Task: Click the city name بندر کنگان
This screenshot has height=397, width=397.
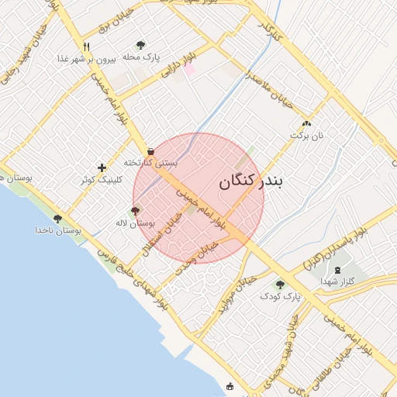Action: click(x=252, y=181)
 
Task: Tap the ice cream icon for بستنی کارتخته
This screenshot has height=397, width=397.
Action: click(x=150, y=151)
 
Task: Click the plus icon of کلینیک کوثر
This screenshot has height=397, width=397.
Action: click(x=102, y=167)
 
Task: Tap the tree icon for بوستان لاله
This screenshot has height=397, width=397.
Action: click(x=136, y=211)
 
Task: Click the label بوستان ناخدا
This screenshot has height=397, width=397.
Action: click(x=58, y=230)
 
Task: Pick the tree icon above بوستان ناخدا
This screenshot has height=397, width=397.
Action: click(x=58, y=219)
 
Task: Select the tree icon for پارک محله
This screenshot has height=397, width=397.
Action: click(x=140, y=45)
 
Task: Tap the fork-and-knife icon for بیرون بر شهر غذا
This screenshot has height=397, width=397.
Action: click(x=86, y=47)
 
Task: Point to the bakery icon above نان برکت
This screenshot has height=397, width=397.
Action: click(x=306, y=123)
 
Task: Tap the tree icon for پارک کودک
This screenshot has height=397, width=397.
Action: click(x=280, y=285)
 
